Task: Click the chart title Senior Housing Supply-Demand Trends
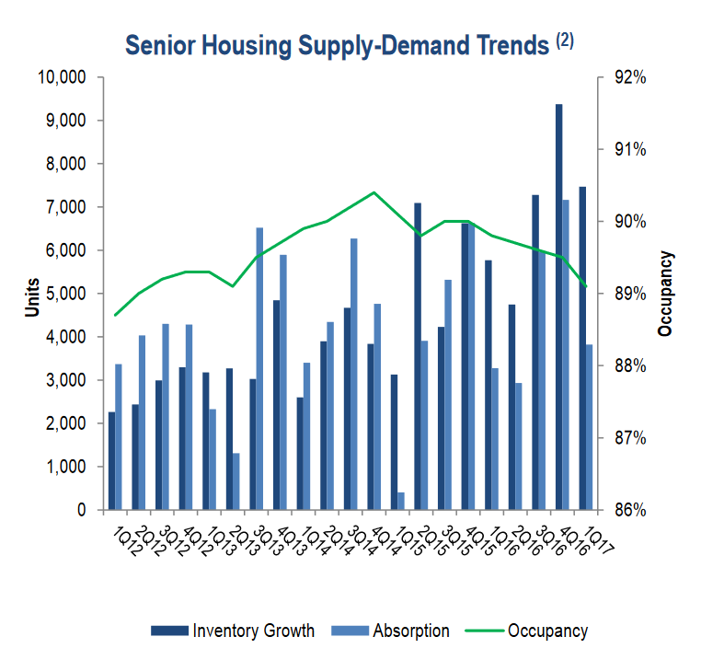pos(337,45)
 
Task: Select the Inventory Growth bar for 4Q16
pos(558,307)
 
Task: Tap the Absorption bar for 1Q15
pos(401,501)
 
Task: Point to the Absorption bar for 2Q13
pos(236,481)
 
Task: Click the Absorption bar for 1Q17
pos(590,427)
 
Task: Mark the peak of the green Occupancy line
pos(373,192)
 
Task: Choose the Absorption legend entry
pos(410,631)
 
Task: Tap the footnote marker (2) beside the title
pos(564,40)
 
